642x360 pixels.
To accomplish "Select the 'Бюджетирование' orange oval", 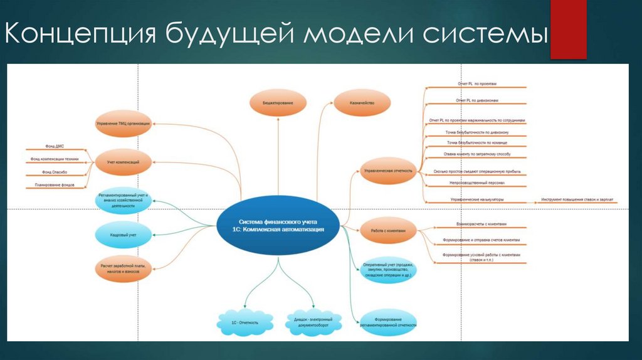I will click(277, 102).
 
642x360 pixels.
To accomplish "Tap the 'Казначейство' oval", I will click(362, 102).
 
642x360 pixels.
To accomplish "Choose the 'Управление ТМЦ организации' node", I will click(124, 124).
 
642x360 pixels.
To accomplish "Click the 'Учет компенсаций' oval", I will click(124, 162).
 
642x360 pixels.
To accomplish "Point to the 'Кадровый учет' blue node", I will click(124, 235).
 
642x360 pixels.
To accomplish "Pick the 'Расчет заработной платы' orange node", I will click(124, 270).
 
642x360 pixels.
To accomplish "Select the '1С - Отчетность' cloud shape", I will click(245, 322).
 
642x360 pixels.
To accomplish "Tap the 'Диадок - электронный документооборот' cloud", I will click(313, 322).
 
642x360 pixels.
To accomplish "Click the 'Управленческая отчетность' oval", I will click(389, 170).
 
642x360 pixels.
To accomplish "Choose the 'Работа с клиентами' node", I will click(389, 231).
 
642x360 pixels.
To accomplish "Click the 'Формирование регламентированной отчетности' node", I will click(389, 322).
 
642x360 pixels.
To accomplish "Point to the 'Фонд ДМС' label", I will click(55, 146).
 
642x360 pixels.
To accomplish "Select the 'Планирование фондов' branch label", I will click(55, 185).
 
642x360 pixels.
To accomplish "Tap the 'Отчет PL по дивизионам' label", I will click(477, 100).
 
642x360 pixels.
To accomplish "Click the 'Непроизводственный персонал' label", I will click(477, 183).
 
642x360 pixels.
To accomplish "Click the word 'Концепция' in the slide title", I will click(81, 34).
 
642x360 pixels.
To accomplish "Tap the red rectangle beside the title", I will click(568, 29).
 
